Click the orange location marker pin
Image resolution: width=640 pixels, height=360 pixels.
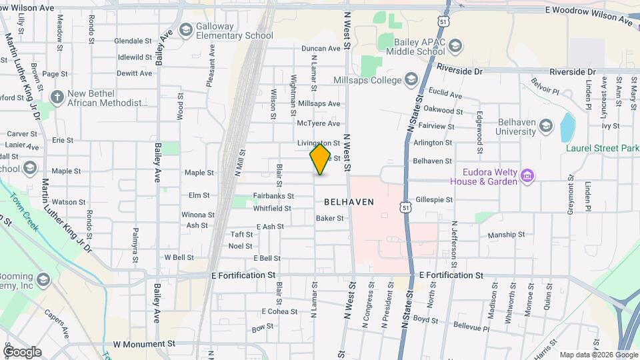320,159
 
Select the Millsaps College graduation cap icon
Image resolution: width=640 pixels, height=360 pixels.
411,81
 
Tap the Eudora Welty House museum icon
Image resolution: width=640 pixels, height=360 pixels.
527,177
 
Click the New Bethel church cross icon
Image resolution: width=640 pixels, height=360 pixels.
57,97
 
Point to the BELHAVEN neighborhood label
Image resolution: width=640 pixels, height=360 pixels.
349,201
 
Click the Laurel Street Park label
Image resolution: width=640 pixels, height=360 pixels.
602,148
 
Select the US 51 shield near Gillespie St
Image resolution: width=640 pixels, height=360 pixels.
406,209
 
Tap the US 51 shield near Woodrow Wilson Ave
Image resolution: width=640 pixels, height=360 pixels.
443,23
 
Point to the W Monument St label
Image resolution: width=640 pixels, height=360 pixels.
144,344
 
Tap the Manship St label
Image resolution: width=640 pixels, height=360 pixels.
506,235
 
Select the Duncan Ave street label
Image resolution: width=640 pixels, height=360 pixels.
321,49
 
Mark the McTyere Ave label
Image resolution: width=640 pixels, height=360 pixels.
318,123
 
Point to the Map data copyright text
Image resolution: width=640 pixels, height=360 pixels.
598,355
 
